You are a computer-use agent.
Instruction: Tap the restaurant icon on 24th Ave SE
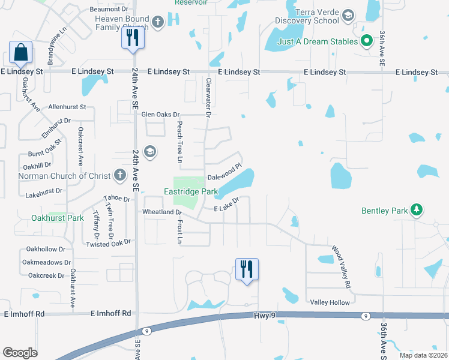click(x=131, y=38)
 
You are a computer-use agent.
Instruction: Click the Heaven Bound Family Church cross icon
click(x=158, y=23)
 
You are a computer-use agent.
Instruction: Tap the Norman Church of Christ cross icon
click(x=119, y=175)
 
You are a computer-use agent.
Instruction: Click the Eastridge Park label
click(x=190, y=192)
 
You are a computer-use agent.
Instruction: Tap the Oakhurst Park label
click(x=58, y=218)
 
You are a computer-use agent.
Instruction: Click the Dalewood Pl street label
click(x=224, y=172)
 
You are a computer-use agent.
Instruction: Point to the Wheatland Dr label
click(x=162, y=212)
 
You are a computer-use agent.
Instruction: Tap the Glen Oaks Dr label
click(x=161, y=115)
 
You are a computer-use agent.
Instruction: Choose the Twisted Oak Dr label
click(x=109, y=244)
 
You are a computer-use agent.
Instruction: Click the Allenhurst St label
click(x=68, y=106)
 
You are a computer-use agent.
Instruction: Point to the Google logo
click(x=20, y=353)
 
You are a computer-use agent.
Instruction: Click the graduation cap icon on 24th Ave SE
click(x=149, y=152)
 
